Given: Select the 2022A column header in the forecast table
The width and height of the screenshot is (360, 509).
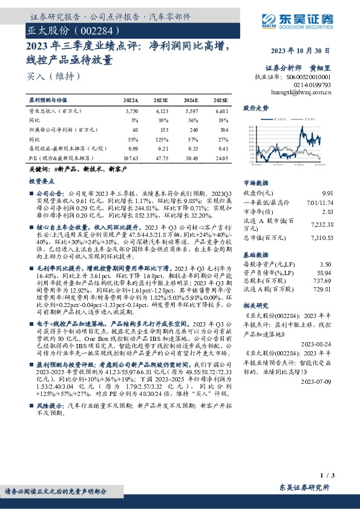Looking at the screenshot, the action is click(131, 100).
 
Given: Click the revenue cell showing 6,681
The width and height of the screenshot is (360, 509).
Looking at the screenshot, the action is click(222, 111).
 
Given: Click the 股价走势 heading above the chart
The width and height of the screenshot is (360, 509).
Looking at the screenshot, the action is click(255, 108).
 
